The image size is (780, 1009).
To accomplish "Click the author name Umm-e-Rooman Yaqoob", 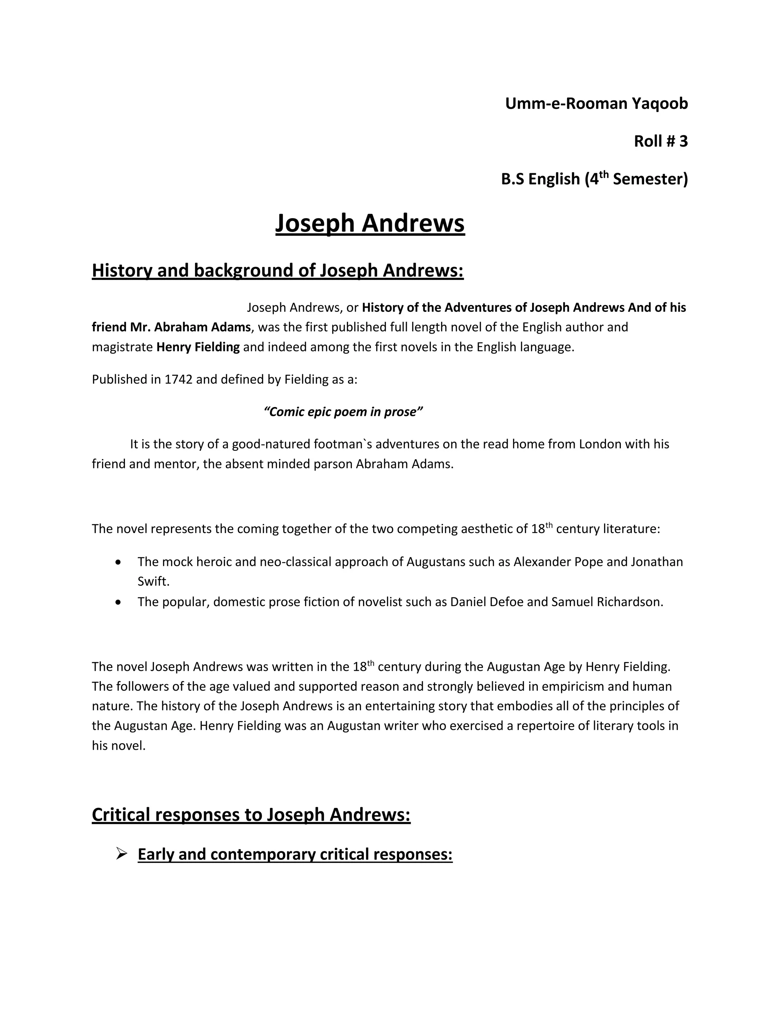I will pyautogui.click(x=596, y=104).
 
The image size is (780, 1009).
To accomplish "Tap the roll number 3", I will pyautogui.click(x=683, y=141).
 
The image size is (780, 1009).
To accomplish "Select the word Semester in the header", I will pyautogui.click(x=650, y=179).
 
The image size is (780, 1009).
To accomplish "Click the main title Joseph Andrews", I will pyautogui.click(x=370, y=224).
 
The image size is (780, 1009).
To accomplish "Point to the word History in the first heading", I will pyautogui.click(x=122, y=270).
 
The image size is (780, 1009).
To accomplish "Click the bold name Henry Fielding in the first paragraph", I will pyautogui.click(x=198, y=347).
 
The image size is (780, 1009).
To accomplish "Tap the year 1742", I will pyautogui.click(x=178, y=379).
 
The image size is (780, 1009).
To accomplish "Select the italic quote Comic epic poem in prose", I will pyautogui.click(x=343, y=412).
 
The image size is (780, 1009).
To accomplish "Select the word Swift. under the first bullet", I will pyautogui.click(x=153, y=581).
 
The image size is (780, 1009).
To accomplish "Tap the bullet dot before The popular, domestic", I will pyautogui.click(x=119, y=602).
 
